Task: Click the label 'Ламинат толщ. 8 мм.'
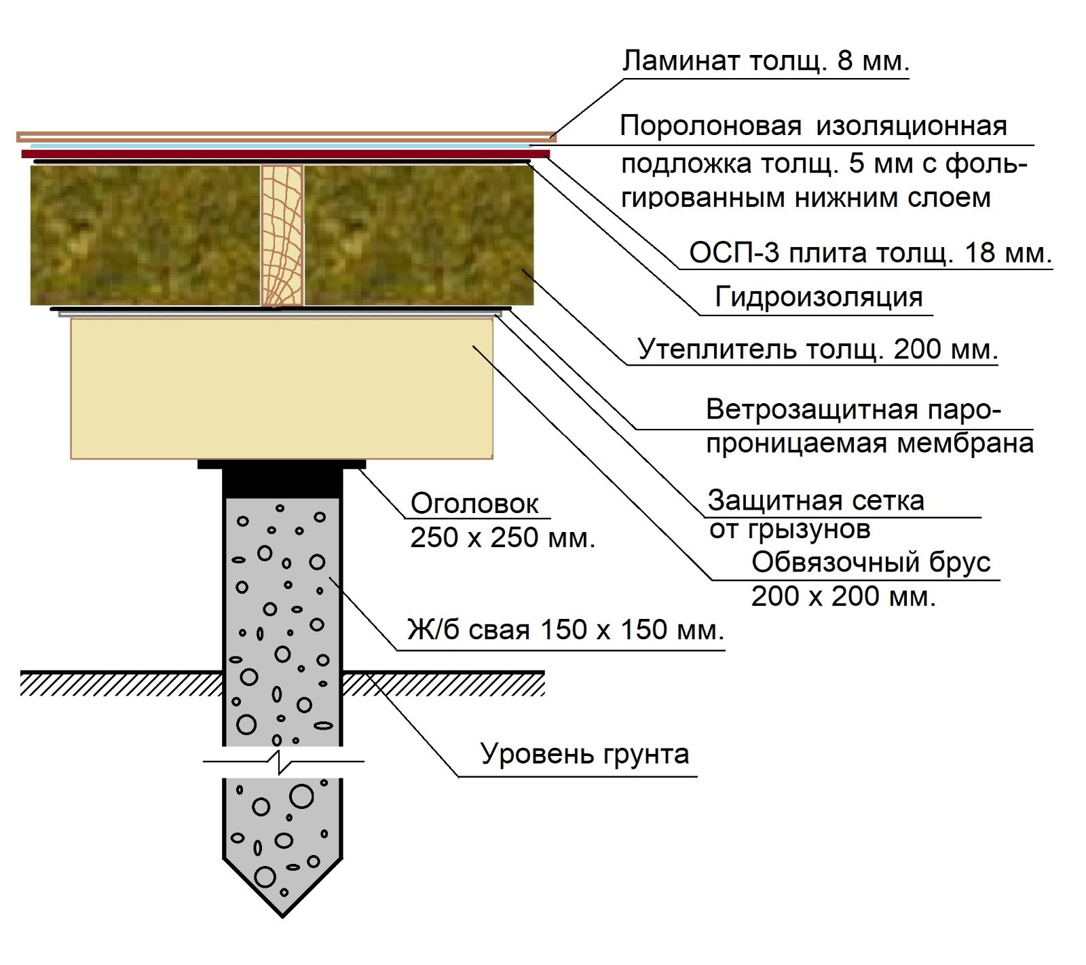765,62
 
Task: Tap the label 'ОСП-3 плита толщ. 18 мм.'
870,253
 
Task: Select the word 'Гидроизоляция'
819,297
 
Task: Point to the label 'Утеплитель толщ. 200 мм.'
817,349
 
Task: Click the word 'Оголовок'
474,504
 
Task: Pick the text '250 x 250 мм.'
502,538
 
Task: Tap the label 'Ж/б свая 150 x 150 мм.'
565,630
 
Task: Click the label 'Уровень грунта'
584,754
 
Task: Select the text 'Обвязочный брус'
871,563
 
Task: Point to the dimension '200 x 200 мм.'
843,597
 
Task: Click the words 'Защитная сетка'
816,501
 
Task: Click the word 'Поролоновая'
711,126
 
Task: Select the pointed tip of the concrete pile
282,896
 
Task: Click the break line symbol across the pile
282,761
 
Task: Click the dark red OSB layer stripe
285,154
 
